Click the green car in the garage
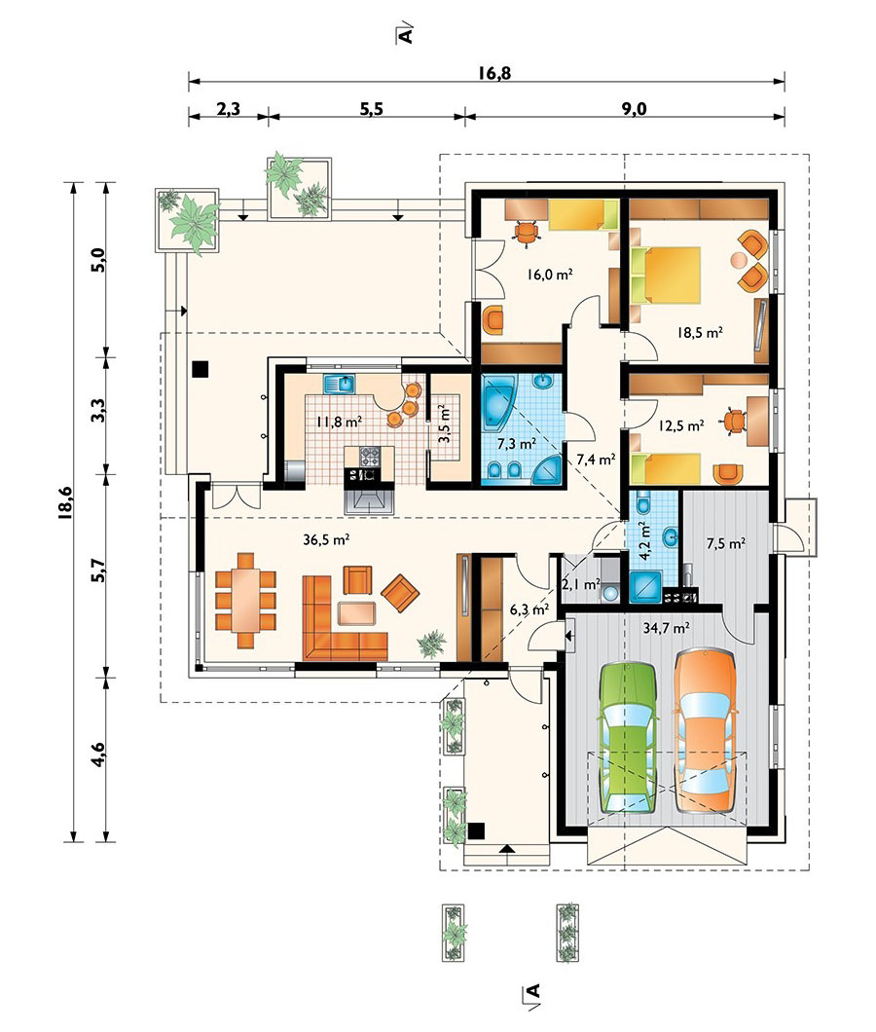(x=628, y=738)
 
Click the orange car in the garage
(x=705, y=730)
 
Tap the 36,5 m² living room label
(x=326, y=539)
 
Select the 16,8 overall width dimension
(x=494, y=72)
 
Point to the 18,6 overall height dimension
(x=64, y=503)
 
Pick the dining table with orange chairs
(x=245, y=601)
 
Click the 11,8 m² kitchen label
(x=339, y=422)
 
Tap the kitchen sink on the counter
(x=339, y=383)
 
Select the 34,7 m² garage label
(x=666, y=628)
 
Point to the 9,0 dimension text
(x=634, y=109)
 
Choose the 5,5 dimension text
(x=371, y=109)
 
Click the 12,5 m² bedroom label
(x=681, y=425)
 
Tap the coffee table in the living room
(x=356, y=612)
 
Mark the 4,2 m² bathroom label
(x=645, y=540)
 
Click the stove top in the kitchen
(x=370, y=456)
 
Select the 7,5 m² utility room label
(x=725, y=543)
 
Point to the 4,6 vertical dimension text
(x=98, y=755)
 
